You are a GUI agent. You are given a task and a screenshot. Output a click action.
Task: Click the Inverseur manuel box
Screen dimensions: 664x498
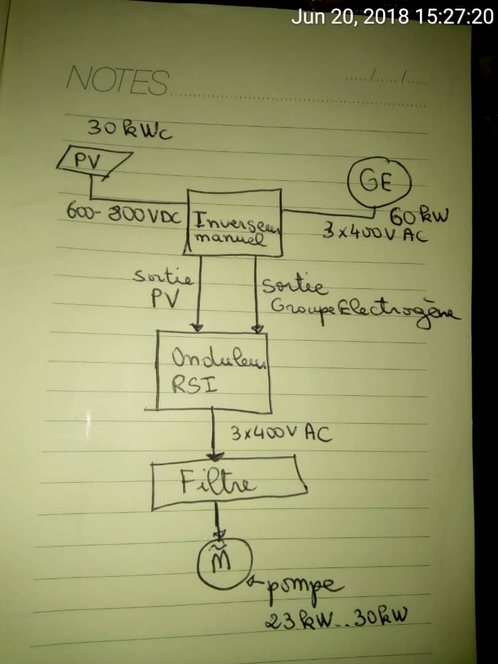pos(234,223)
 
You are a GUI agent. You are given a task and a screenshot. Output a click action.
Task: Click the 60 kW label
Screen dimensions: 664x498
pos(419,216)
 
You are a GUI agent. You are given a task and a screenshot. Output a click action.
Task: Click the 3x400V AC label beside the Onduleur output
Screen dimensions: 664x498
pos(282,434)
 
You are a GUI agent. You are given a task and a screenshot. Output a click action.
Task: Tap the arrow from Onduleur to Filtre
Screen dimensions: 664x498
pos(214,437)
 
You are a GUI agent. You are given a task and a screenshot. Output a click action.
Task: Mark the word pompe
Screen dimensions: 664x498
pos(305,585)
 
